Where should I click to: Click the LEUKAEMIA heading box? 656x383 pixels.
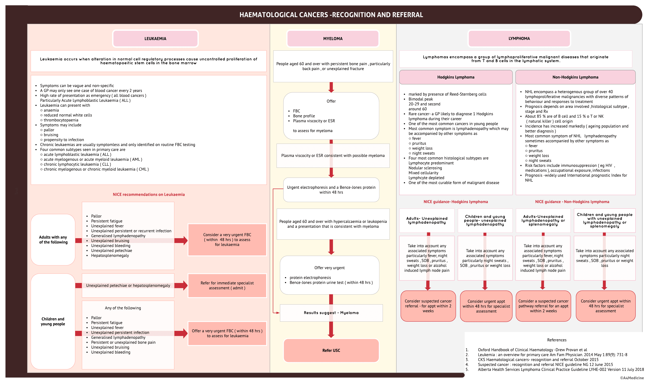point(155,39)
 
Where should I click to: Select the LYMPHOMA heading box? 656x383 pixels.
point(519,39)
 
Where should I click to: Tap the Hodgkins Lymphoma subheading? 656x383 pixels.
point(456,77)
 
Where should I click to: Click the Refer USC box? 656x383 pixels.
point(331,351)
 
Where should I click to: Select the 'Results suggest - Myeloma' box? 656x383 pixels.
point(331,313)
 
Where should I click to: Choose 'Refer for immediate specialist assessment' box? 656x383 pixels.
point(227,285)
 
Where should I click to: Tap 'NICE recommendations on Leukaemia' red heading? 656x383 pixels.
point(149,194)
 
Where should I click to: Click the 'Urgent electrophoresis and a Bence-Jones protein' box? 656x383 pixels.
point(331,190)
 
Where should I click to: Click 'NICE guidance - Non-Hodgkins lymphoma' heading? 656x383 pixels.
point(572,202)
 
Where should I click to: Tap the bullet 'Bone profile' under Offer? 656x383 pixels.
point(304,116)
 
